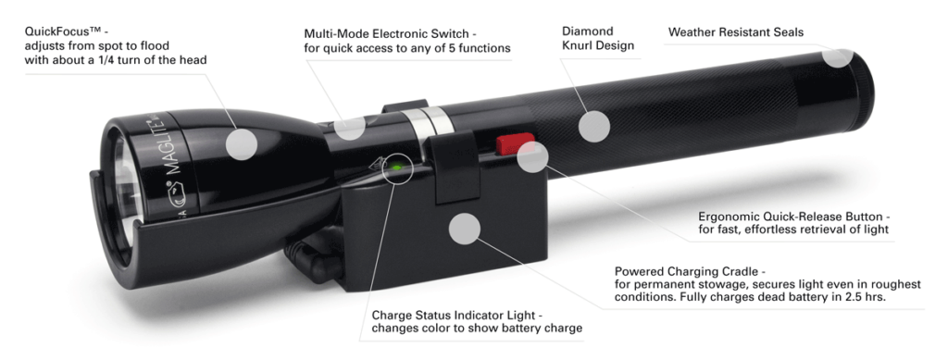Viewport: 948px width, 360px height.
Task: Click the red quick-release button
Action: coord(505,144)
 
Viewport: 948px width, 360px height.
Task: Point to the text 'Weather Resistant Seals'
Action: coord(735,32)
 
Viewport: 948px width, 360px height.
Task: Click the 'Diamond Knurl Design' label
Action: coord(596,38)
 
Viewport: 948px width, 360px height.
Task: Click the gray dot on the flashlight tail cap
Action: coord(837,55)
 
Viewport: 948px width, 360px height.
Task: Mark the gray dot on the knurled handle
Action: coord(593,126)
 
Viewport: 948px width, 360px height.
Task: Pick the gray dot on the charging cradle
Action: coord(465,228)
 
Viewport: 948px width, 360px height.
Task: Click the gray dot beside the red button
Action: coord(532,157)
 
